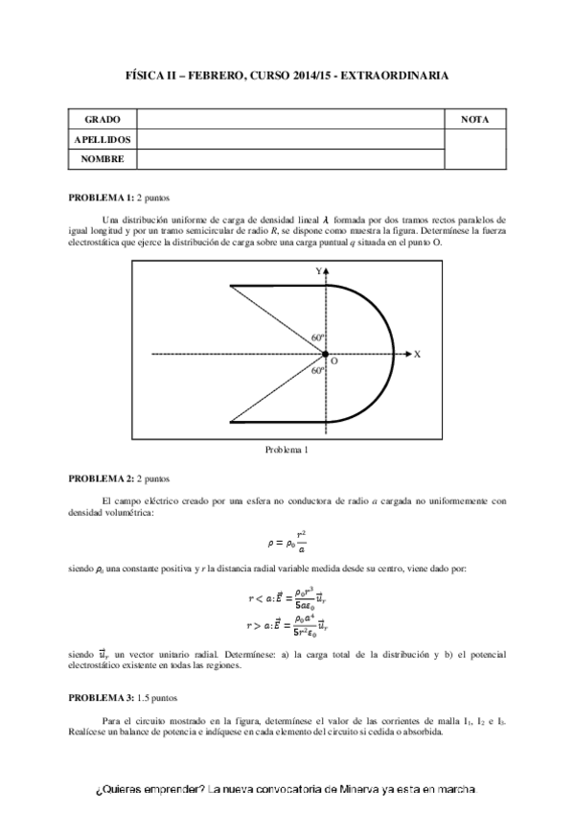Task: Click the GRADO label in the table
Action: [102, 120]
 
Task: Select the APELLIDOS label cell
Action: [103, 139]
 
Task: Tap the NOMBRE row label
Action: [103, 158]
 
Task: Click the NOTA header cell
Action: [475, 120]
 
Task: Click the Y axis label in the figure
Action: [318, 272]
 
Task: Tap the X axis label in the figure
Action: [418, 354]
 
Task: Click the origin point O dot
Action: [328, 354]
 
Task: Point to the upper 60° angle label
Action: [318, 338]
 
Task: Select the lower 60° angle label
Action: [318, 370]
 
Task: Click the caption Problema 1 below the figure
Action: [287, 448]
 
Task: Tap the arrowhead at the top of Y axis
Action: [328, 273]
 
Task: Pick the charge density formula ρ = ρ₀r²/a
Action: [287, 542]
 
